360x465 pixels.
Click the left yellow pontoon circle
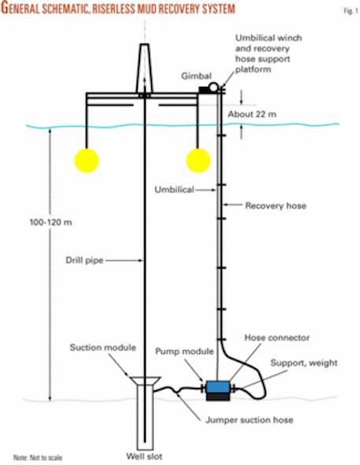(x=87, y=161)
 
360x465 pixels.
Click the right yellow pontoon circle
(x=199, y=161)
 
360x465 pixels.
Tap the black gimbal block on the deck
(x=201, y=91)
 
